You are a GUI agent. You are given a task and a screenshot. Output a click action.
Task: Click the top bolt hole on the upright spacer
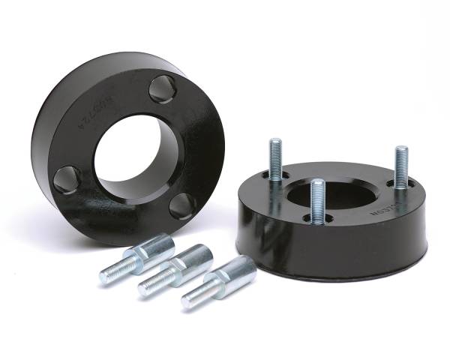point(163,90)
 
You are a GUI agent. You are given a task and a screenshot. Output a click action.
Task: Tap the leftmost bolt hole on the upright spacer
point(68,180)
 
